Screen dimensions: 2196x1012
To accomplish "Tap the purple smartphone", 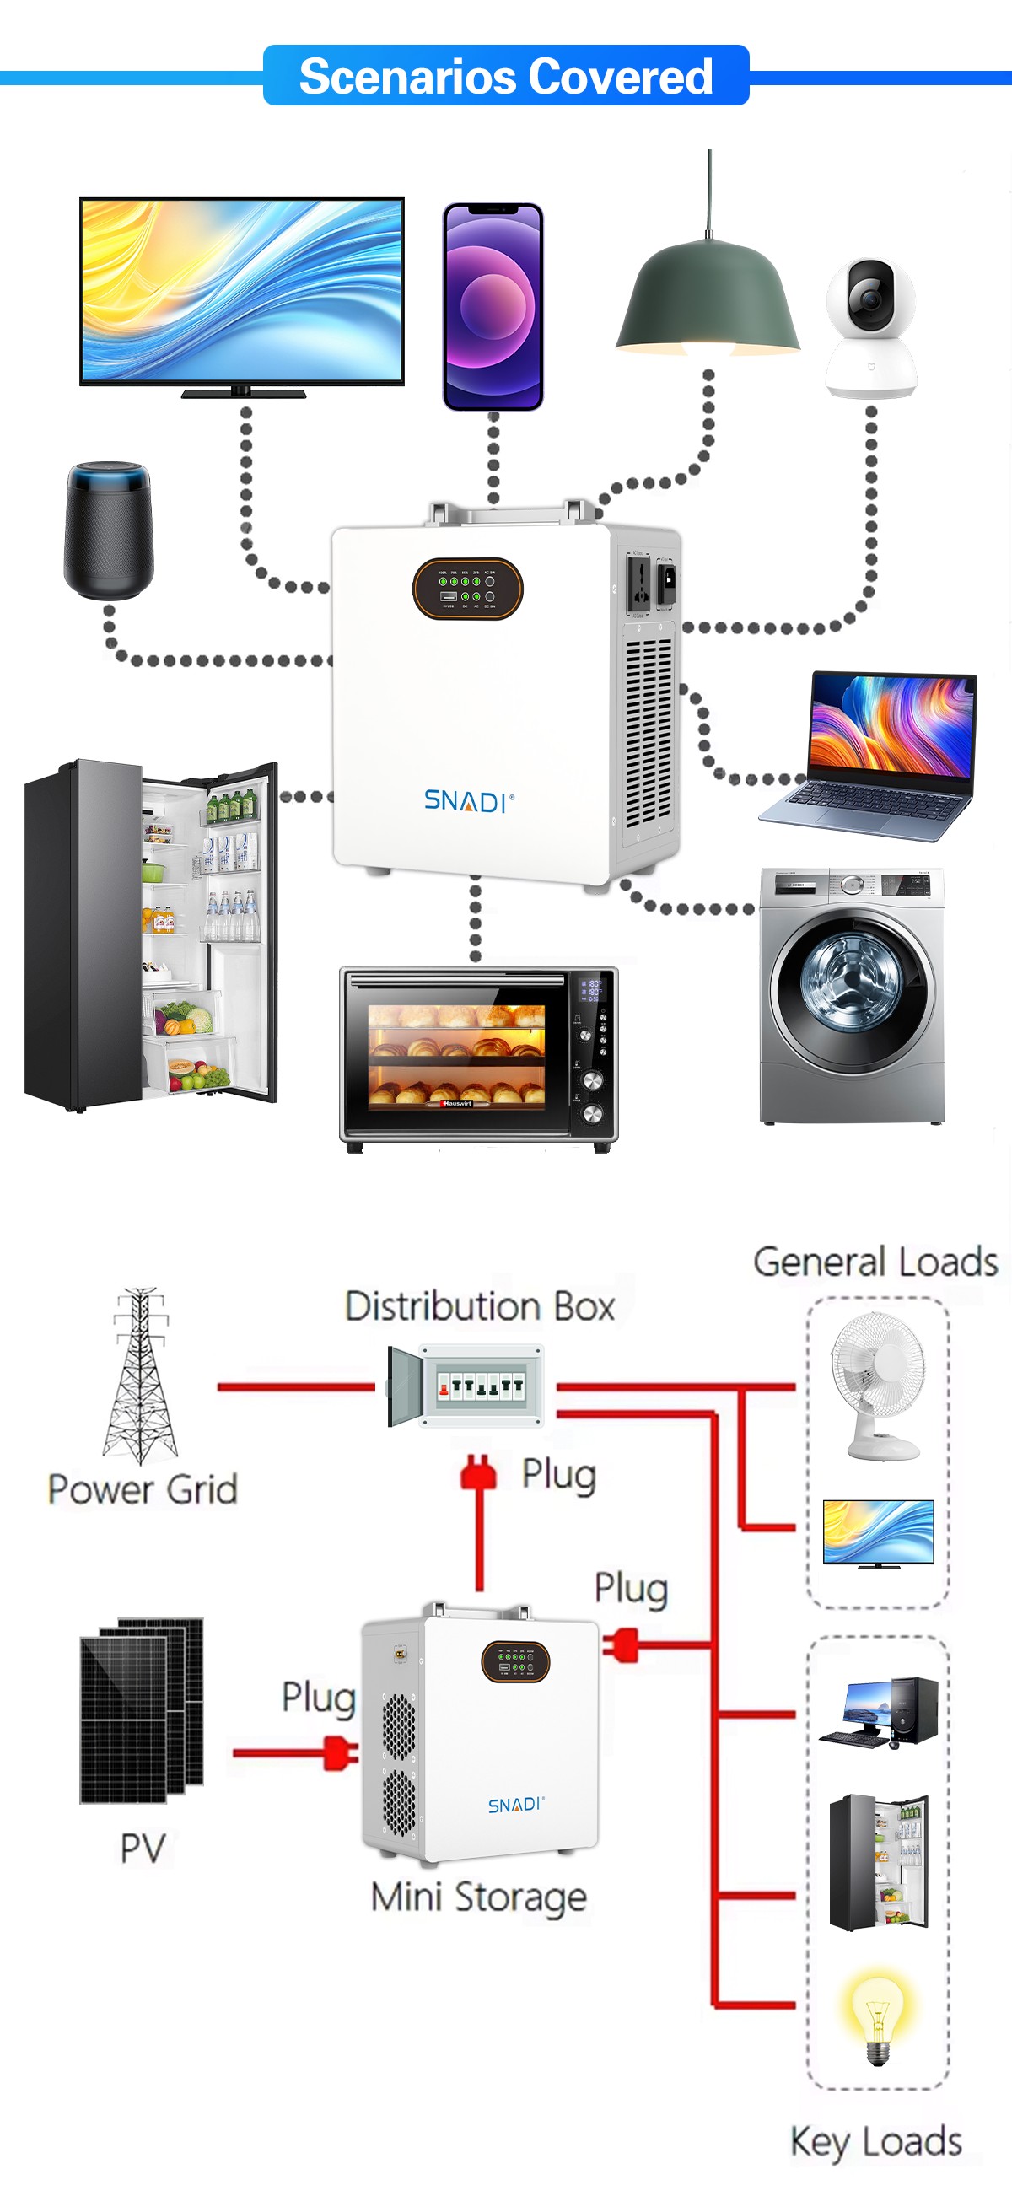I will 493,306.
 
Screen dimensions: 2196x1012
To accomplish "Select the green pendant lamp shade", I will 708,299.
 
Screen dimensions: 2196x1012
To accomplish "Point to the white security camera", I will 871,327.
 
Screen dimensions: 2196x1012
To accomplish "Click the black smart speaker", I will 109,530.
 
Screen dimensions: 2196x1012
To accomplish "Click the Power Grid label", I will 143,1489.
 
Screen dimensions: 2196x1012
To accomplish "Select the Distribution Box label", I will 479,1306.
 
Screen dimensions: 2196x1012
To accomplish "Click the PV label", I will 143,1848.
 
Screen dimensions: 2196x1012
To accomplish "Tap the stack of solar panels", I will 142,1709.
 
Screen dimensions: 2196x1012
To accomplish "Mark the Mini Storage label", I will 478,1897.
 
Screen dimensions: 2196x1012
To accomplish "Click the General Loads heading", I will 875,1262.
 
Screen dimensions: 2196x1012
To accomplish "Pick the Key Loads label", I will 875,2140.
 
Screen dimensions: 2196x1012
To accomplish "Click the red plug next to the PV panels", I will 340,1752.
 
